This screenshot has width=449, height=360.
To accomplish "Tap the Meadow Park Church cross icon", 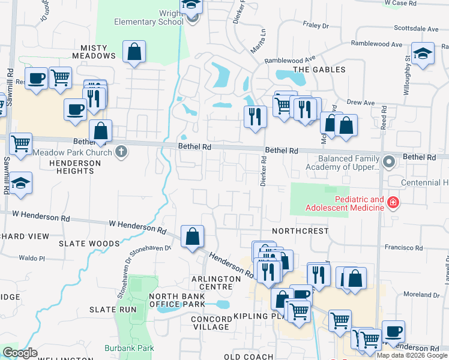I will [121, 151].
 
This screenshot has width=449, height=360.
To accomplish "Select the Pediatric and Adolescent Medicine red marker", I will [393, 203].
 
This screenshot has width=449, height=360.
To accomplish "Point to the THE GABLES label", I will [319, 70].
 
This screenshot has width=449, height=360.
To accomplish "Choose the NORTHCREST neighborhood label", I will [300, 231].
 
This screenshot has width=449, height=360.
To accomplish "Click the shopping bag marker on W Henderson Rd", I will [192, 236].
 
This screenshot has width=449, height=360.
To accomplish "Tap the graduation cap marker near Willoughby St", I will [423, 53].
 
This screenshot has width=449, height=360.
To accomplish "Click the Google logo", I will [20, 353].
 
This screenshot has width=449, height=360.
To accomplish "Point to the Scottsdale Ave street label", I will [417, 28].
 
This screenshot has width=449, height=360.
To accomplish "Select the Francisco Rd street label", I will [404, 247].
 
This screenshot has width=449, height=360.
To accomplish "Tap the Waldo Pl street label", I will [32, 258].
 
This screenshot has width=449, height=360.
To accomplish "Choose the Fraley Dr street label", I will [316, 25].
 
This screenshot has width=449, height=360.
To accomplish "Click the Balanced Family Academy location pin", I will [389, 161].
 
